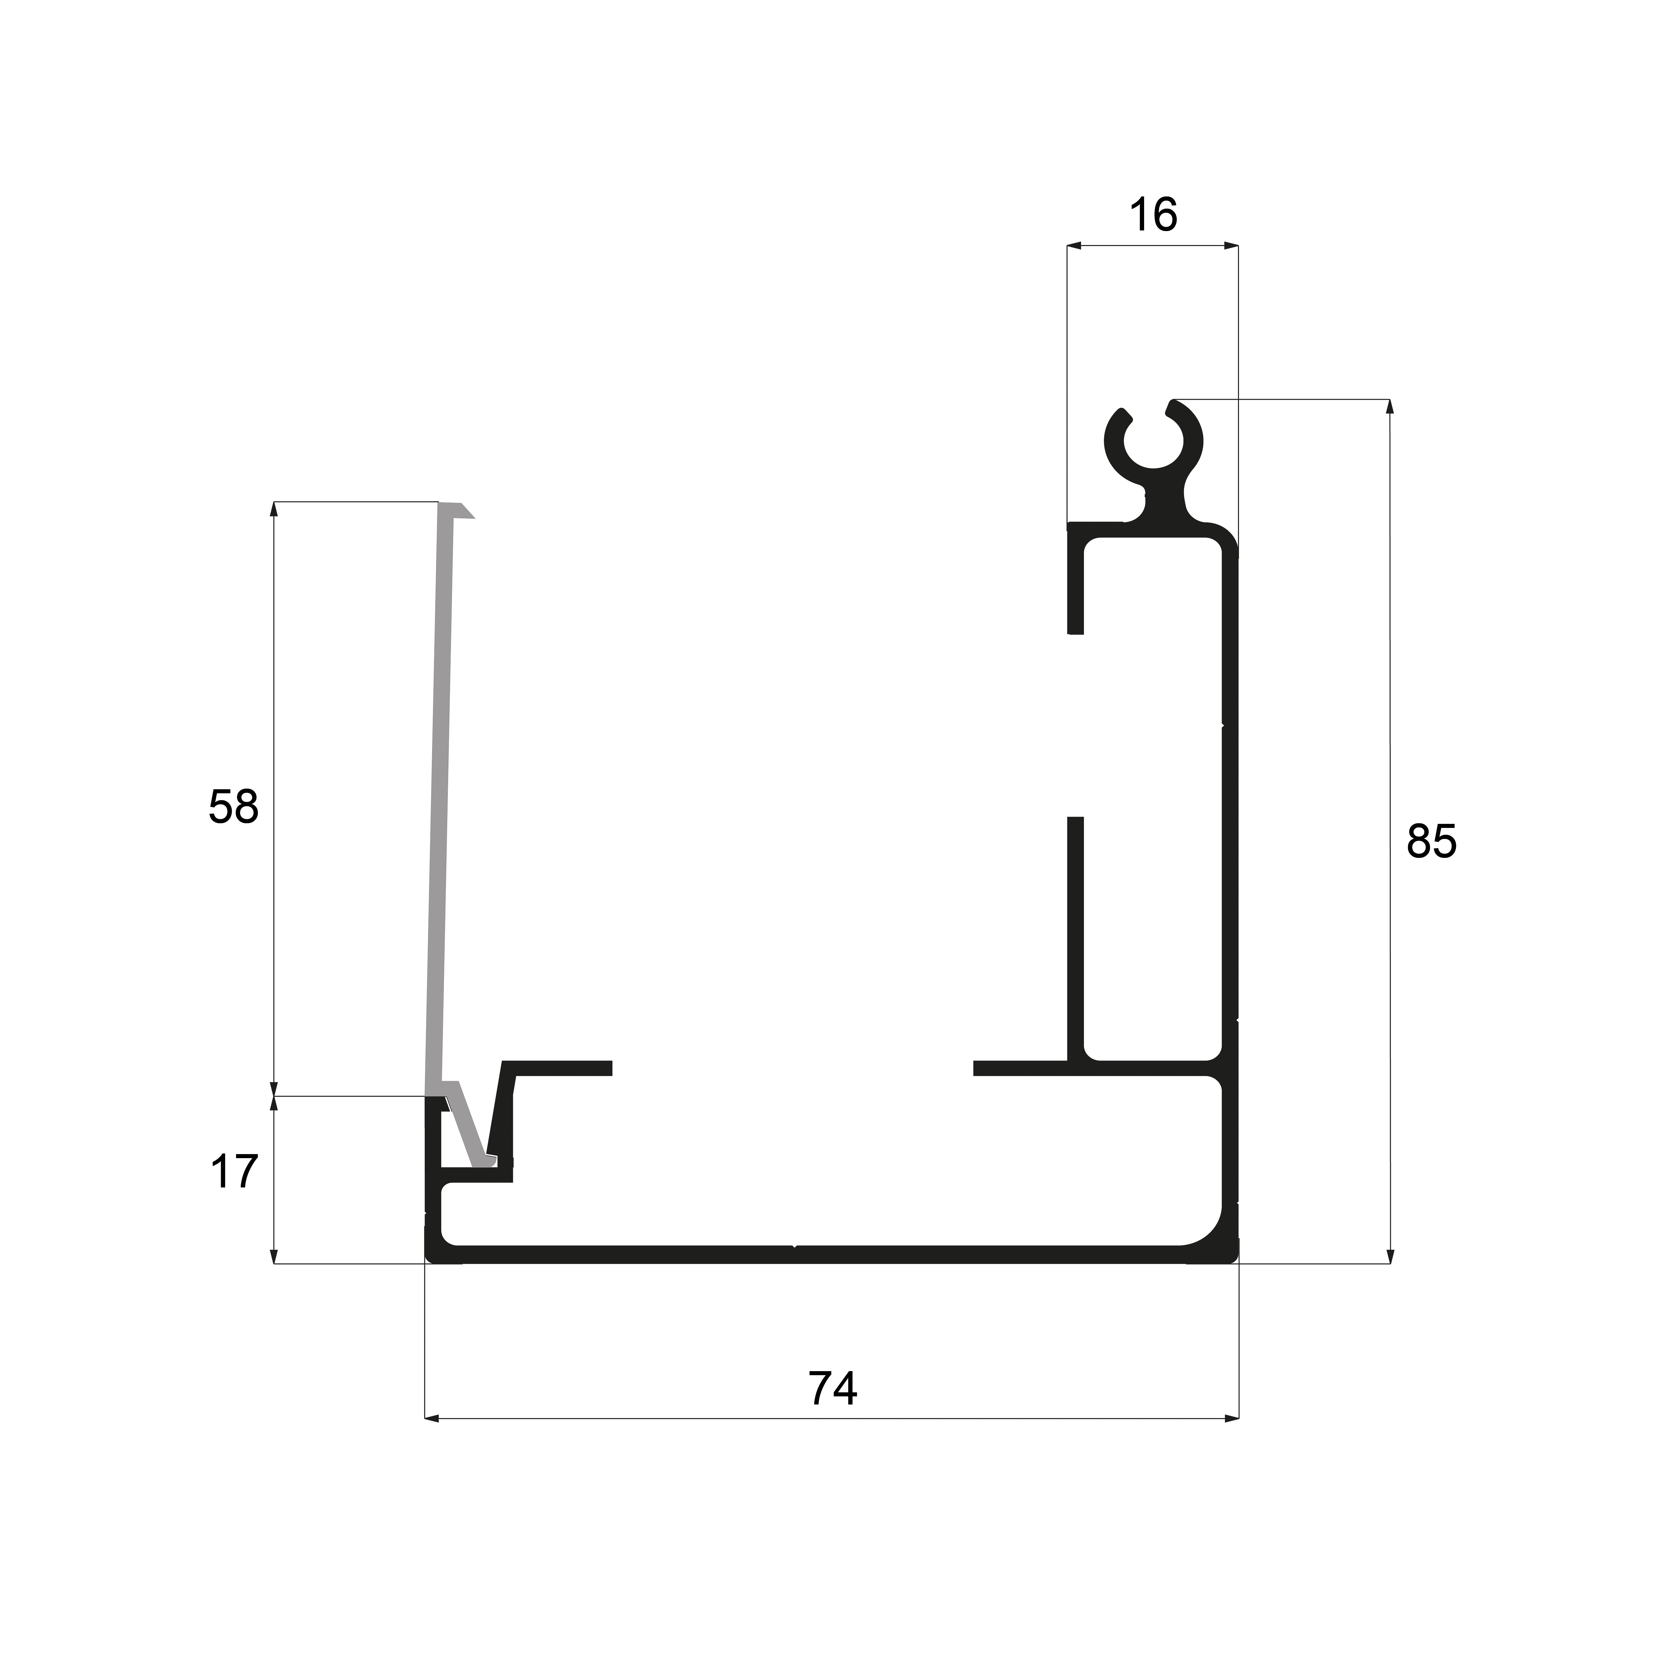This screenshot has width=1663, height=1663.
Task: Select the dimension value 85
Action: (x=1431, y=841)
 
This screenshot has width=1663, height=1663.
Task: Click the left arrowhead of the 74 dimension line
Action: (x=432, y=1418)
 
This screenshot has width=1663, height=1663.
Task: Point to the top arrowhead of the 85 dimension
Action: (x=1389, y=406)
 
